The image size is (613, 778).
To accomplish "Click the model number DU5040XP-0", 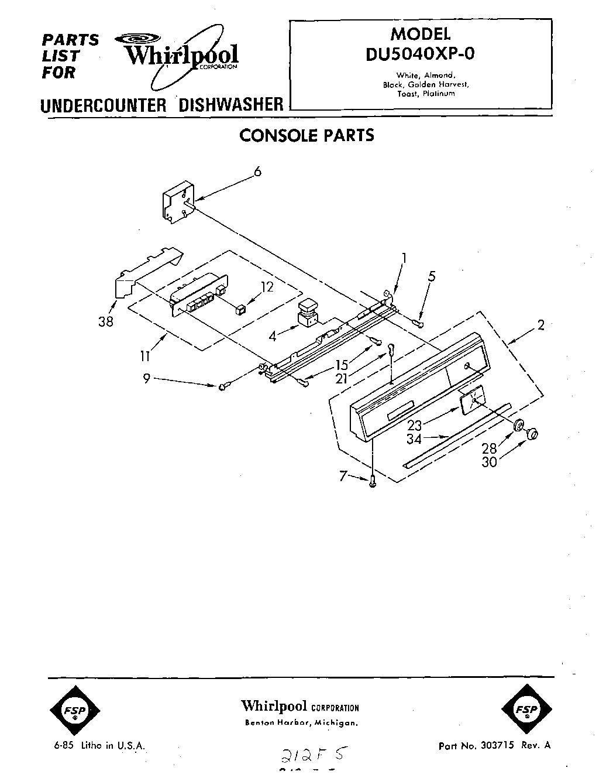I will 421,53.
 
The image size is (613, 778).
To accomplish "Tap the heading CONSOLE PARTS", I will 307,135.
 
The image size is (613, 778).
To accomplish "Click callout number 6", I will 257,172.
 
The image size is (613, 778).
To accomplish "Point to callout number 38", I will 106,321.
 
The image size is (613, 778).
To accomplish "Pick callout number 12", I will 267,287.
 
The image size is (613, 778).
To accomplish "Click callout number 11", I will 146,355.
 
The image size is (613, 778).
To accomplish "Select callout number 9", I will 146,379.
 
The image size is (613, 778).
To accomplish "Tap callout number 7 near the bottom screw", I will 343,477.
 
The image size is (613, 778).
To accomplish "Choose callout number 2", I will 541,325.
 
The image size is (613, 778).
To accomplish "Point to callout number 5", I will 432,276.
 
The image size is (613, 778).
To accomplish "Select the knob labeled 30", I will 532,434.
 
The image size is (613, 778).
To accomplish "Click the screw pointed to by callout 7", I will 373,481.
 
